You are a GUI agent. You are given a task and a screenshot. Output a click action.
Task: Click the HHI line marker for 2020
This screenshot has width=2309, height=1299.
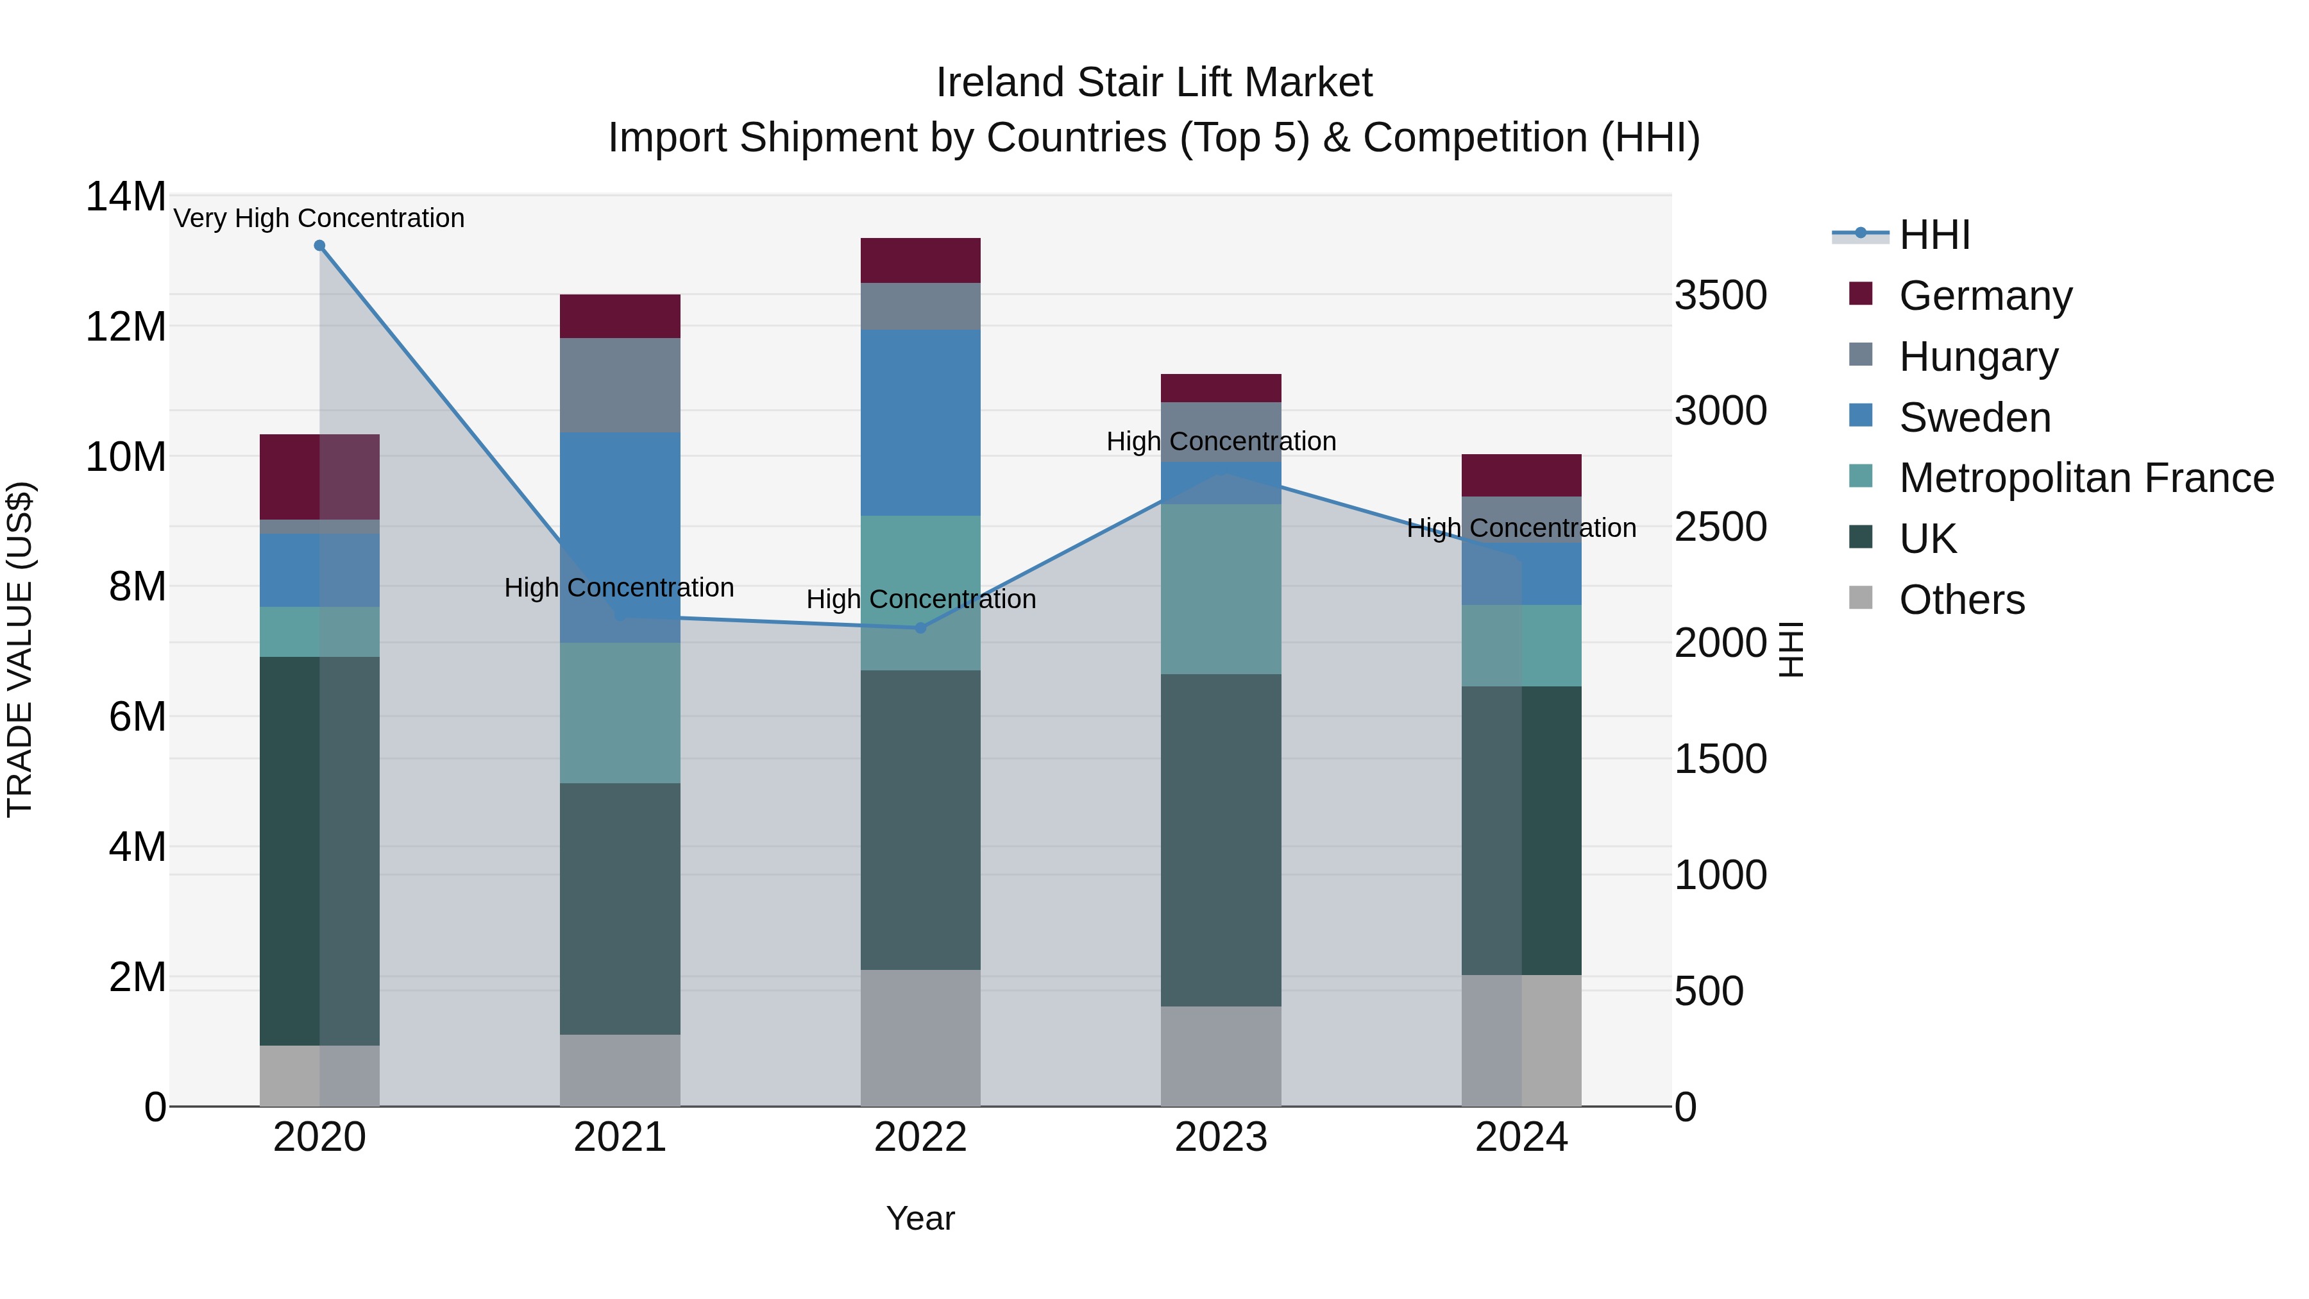pos(320,246)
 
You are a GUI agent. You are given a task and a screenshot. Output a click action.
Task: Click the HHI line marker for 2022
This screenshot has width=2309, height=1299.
pos(920,629)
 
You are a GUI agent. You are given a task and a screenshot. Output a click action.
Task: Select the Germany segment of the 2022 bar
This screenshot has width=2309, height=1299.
pos(920,261)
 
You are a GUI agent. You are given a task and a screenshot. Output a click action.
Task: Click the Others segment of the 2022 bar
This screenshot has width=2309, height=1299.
pos(920,1037)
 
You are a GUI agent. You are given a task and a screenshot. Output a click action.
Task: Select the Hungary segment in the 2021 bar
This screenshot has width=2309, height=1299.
pos(620,386)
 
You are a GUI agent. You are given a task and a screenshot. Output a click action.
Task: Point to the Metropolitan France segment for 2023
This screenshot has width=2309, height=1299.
pos(1221,589)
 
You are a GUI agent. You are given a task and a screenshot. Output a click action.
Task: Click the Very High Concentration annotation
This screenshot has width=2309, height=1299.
pos(319,219)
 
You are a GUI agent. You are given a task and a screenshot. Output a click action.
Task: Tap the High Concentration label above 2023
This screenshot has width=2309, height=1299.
pos(1221,442)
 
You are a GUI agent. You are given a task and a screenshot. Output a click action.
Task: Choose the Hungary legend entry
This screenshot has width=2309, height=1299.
pos(1978,357)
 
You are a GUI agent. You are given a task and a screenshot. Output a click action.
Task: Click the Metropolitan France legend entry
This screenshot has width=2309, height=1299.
pos(2086,479)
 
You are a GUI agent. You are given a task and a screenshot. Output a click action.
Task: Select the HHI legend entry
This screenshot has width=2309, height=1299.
pos(1934,235)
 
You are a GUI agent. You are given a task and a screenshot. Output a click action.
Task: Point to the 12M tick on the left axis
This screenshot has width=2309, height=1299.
pos(126,327)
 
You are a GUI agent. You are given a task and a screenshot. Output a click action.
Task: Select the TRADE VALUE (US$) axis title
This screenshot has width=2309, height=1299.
pos(20,650)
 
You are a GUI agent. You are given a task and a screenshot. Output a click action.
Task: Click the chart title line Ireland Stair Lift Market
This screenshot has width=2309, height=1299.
pos(1154,83)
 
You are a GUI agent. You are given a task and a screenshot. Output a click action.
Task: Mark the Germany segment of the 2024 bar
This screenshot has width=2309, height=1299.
pos(1521,476)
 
